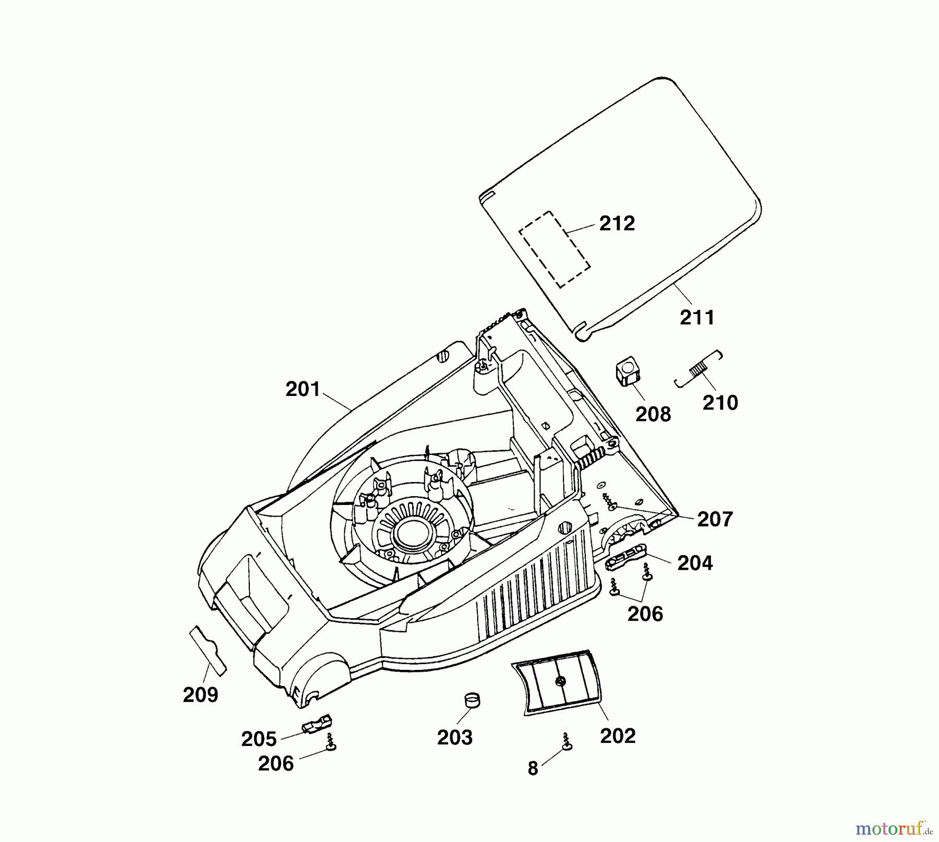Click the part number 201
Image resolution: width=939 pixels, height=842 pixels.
pos(302,390)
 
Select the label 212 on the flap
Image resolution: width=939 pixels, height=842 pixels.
pos(617,223)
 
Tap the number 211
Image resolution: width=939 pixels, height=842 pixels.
pos(696,317)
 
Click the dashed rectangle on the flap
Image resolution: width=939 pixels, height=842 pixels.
pos(554,249)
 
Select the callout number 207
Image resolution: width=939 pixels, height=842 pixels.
pos(715,520)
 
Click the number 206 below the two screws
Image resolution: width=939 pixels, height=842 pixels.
pos(645,614)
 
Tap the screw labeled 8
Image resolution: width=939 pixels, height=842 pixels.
pos(565,742)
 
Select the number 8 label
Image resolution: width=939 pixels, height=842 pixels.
pos(533,768)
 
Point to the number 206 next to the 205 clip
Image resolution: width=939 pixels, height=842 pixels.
pos(276,764)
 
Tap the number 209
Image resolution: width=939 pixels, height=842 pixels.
pos(200,695)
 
